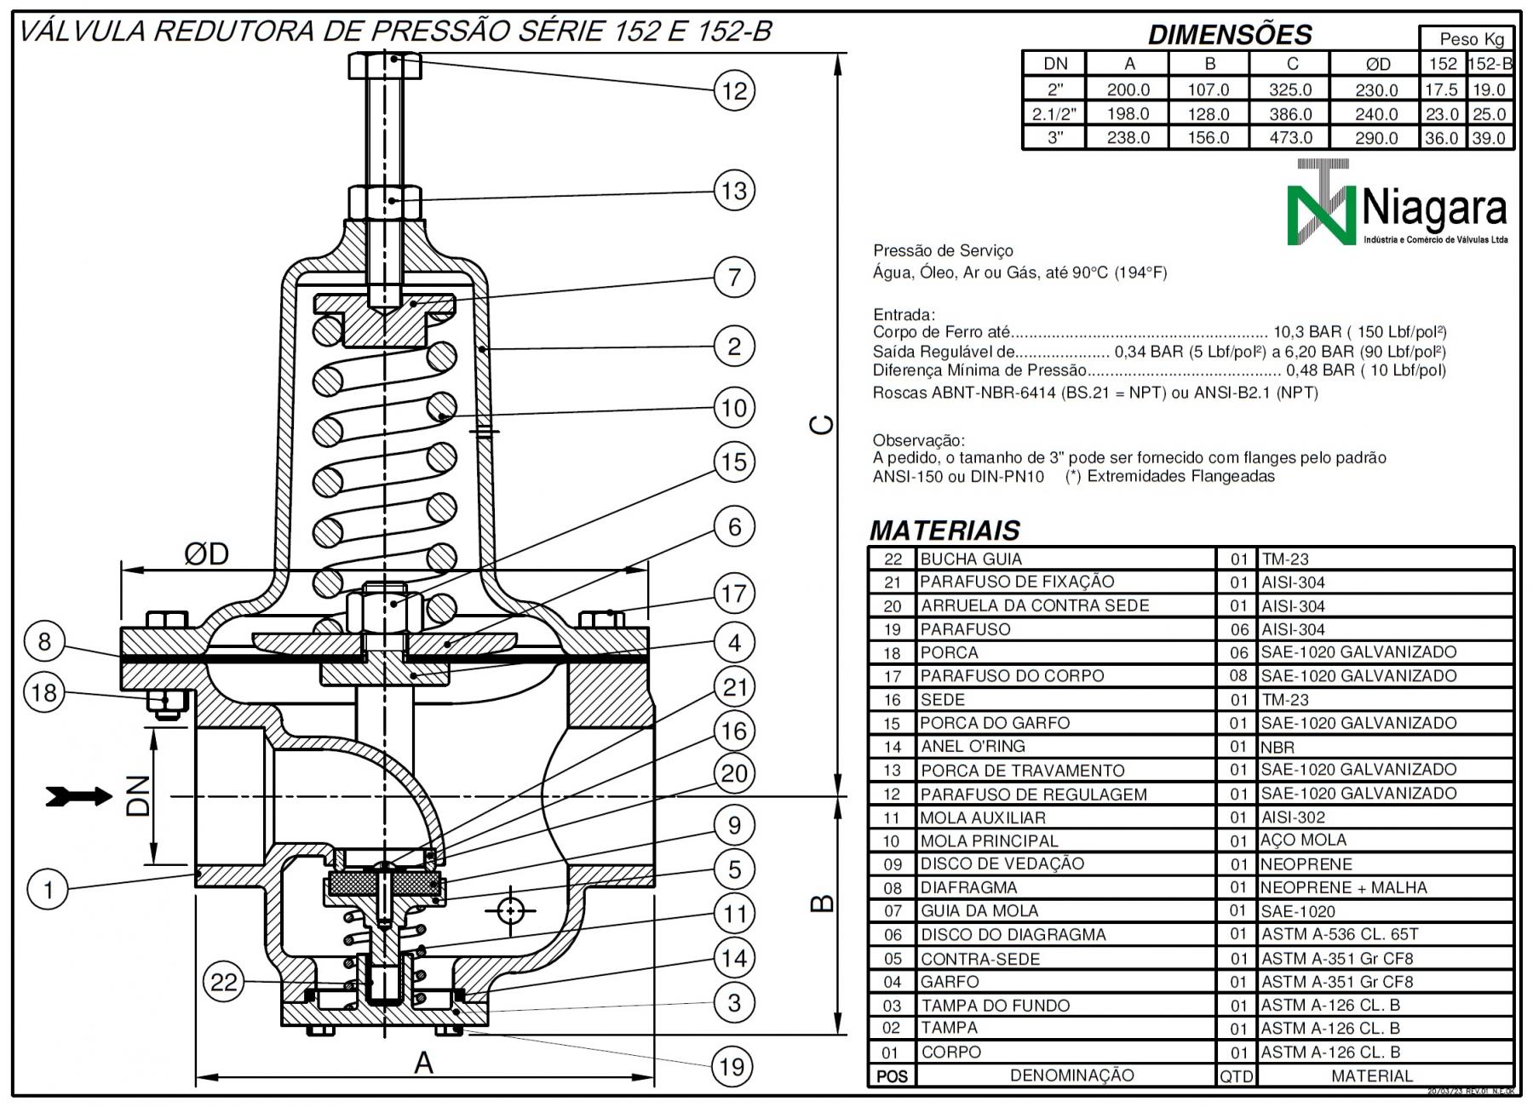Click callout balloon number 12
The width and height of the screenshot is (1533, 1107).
point(734,91)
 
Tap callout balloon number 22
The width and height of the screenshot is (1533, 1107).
point(223,983)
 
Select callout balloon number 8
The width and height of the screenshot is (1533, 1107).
point(44,642)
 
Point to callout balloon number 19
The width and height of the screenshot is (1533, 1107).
point(732,1067)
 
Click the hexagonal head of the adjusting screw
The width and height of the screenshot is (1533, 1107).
point(385,66)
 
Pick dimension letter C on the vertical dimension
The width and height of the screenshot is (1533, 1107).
point(821,425)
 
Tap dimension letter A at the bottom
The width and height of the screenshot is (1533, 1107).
point(423,1064)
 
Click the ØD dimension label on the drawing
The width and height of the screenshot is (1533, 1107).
point(206,555)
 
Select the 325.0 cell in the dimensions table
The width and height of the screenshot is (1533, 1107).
point(1290,89)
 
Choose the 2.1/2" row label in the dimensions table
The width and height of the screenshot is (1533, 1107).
point(1054,114)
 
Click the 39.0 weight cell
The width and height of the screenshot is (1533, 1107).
point(1489,138)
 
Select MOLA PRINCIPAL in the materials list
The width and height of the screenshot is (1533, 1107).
point(989,841)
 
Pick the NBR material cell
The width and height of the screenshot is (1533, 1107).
point(1277,748)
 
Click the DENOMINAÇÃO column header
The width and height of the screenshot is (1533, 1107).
point(1071,1075)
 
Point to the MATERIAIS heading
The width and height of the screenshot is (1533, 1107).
point(944,531)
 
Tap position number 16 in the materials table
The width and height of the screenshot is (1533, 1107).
point(892,700)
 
